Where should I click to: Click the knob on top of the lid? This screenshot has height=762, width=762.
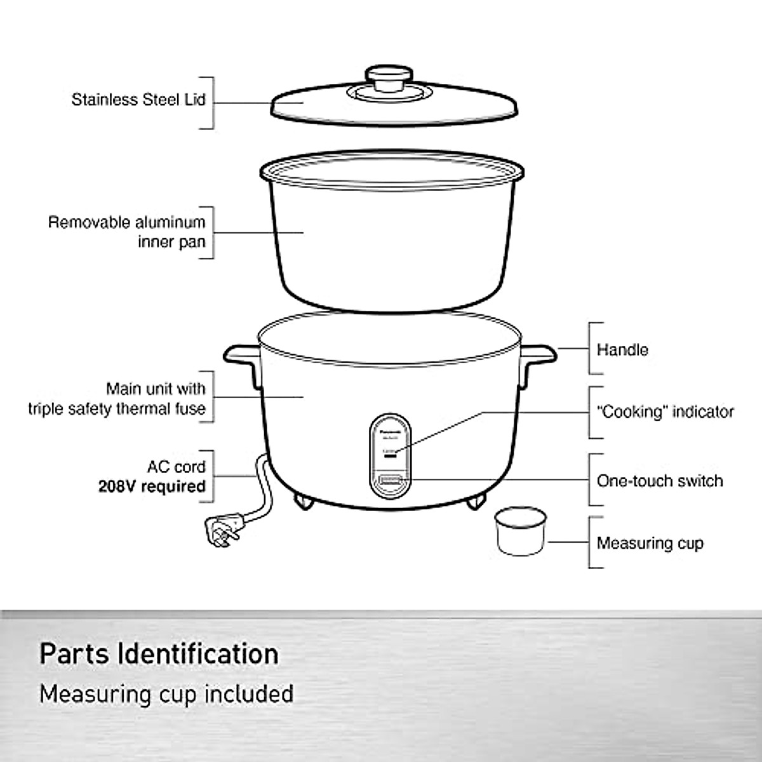(x=381, y=79)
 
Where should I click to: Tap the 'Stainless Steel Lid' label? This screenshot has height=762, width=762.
(x=138, y=100)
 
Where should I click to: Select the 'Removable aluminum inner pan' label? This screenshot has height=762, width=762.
(x=127, y=232)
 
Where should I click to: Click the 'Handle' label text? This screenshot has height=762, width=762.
(x=622, y=350)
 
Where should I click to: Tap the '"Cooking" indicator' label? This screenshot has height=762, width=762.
(x=665, y=412)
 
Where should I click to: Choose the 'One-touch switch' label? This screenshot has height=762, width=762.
(x=660, y=481)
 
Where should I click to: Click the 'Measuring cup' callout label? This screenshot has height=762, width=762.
(x=650, y=544)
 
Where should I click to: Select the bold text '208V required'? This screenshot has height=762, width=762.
(x=152, y=487)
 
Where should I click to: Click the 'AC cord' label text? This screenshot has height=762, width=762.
(x=177, y=467)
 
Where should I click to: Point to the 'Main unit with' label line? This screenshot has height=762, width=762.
(x=156, y=389)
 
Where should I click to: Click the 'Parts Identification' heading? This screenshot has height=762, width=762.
(x=159, y=654)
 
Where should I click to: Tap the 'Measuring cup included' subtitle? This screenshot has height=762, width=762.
(x=166, y=693)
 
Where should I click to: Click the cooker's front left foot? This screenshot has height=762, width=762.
(x=304, y=502)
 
